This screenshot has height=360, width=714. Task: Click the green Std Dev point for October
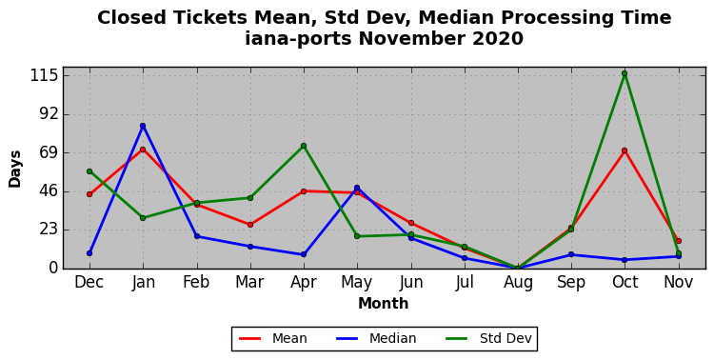pos(625,73)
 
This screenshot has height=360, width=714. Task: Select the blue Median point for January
pos(143,126)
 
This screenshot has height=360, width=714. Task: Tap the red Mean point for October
pos(625,150)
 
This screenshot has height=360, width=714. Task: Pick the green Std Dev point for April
pos(304,146)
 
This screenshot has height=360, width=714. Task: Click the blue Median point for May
pos(357,188)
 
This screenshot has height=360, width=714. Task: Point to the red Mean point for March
pos(250,225)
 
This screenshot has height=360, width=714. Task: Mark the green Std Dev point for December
pos(89,171)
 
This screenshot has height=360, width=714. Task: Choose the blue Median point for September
pos(571,254)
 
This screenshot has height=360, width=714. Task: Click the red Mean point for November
pos(679,241)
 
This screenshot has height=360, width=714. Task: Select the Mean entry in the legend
pos(273,339)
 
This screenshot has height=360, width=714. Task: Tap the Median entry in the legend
pos(376,339)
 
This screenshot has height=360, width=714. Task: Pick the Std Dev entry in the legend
pos(488,339)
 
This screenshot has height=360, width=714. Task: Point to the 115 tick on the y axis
pos(44,75)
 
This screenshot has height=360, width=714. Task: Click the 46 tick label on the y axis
pos(49,191)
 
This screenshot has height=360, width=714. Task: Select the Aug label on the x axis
pos(518,283)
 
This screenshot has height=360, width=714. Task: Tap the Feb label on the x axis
pos(196,282)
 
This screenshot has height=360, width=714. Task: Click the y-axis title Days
pos(15,169)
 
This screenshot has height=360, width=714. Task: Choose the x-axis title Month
pos(384,304)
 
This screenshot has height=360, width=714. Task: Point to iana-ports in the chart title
pos(298,39)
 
